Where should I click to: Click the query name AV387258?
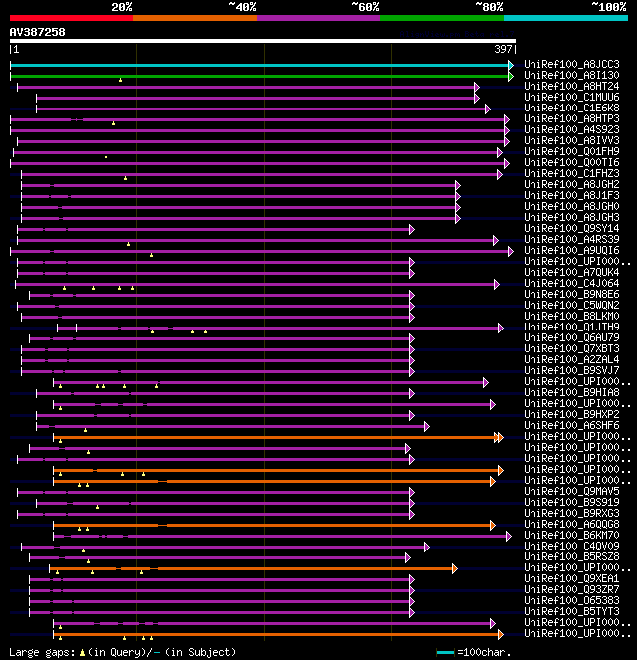38,32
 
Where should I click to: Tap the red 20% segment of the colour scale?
71,17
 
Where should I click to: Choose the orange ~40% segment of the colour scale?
194,17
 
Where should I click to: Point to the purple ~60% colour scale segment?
318,17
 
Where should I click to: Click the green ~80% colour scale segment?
441,17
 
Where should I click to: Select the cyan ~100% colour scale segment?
564,17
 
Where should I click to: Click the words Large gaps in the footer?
33,652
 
